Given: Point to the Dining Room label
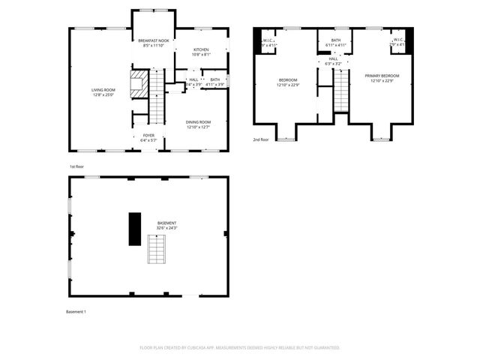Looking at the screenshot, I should point(199,124).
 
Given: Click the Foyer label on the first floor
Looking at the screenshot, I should point(148,138).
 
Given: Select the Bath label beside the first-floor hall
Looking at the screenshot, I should point(215,81).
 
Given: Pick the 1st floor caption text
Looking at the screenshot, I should point(76,166).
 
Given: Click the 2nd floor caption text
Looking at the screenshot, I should point(261,140).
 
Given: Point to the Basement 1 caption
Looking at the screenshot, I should point(76,311).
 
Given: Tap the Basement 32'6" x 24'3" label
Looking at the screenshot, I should point(166,225).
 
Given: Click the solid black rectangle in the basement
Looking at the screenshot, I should point(135,228).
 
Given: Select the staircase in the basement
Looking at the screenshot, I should point(155,249).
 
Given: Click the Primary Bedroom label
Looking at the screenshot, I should point(382,78).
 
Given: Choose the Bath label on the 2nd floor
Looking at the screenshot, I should point(335,43).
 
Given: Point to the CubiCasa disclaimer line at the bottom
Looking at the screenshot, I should point(240,347).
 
